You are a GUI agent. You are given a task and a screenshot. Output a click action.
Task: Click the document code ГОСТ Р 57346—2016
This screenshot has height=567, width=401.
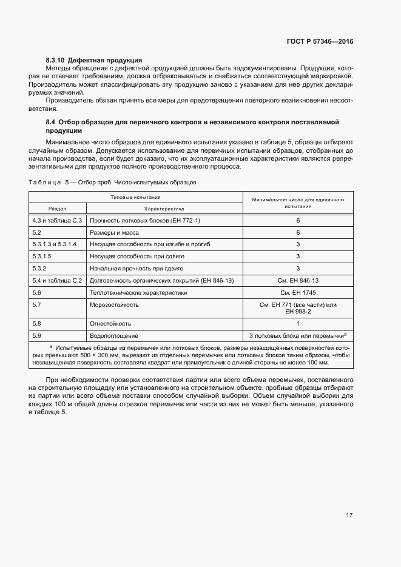point(320,41)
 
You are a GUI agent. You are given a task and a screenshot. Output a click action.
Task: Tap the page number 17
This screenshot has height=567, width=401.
point(349,515)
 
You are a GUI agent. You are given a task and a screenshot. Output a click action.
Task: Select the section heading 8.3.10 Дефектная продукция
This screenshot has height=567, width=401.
point(94,60)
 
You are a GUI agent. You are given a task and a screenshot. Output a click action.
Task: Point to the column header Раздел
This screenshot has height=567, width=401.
point(58,207)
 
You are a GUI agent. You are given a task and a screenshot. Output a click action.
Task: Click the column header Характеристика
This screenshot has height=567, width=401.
point(164,207)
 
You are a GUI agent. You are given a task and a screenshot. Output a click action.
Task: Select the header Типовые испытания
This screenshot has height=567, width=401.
point(135,197)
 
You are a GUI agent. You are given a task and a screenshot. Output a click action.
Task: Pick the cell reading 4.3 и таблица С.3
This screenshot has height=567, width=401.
point(57,221)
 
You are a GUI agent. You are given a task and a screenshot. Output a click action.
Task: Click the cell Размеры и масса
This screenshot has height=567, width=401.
point(115,233)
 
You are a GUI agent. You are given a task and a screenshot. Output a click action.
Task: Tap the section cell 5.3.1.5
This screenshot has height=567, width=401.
point(42,257)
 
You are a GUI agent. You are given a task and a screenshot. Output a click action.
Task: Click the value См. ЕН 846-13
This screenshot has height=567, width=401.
point(298,281)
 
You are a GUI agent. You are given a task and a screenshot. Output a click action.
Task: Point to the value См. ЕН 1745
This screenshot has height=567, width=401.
point(298,292)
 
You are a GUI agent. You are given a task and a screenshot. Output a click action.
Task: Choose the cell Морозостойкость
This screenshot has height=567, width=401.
point(115,304)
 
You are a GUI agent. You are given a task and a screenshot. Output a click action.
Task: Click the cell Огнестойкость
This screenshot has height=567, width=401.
point(110,324)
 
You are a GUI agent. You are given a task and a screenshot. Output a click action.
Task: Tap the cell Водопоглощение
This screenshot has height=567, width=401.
point(114,335)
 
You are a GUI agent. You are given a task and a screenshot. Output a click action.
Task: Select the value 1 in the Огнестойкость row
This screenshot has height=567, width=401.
point(298,324)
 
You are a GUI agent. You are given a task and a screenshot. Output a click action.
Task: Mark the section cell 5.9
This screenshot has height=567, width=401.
point(36,335)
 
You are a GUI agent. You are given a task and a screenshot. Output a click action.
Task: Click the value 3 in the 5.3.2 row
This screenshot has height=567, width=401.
point(298,269)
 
